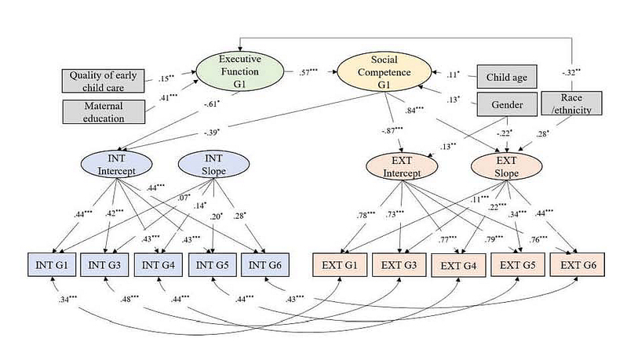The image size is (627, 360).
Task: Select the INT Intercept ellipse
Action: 114,165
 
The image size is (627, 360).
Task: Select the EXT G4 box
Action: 458,264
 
